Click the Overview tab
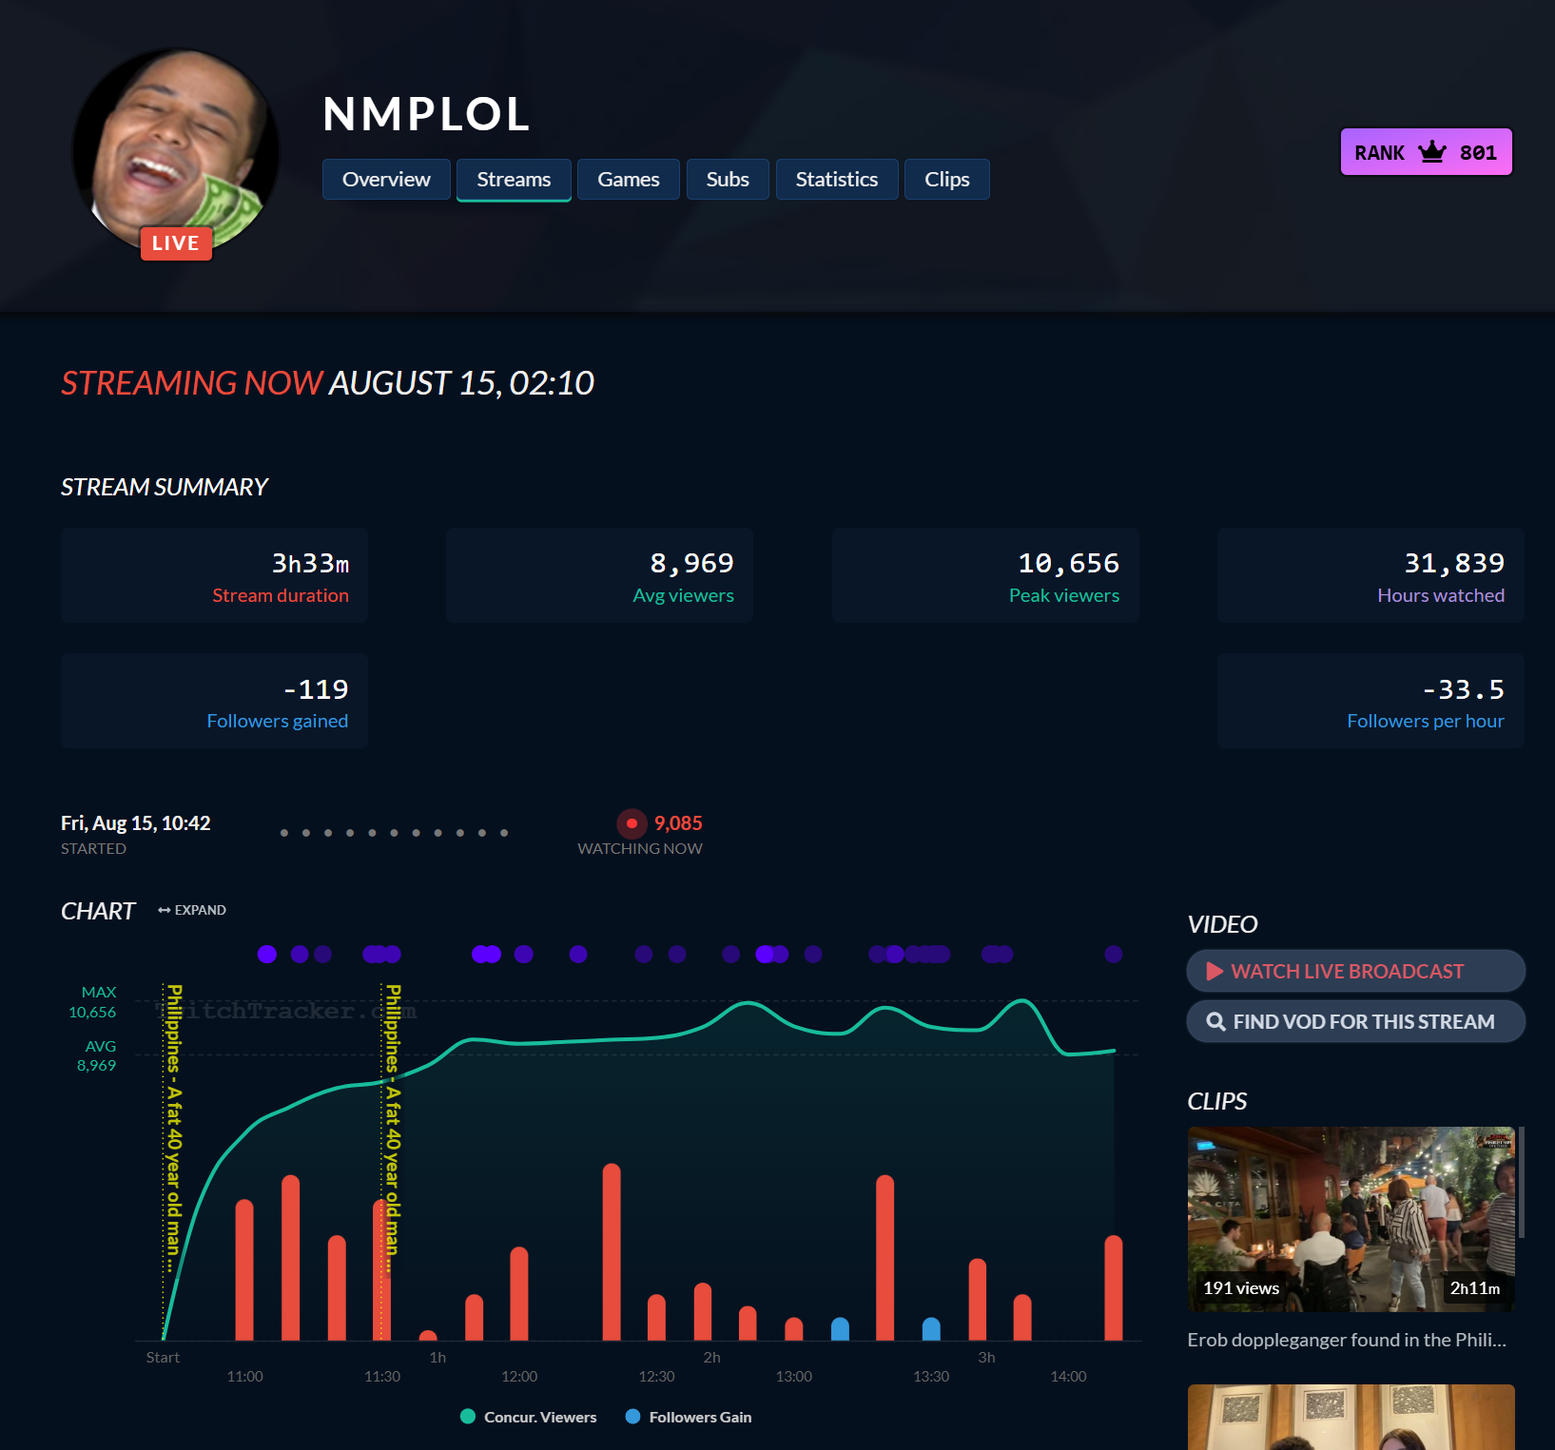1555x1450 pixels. (x=386, y=180)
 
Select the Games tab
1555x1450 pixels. (x=628, y=180)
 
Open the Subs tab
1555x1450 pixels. (x=728, y=180)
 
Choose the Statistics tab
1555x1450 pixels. (x=836, y=180)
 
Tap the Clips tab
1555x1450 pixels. (x=946, y=180)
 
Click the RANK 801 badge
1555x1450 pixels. (x=1426, y=152)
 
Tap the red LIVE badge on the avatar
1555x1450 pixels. (x=176, y=243)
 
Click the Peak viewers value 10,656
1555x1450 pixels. (x=1068, y=564)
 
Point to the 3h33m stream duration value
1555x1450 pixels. (x=310, y=564)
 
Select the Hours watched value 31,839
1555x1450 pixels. (x=1454, y=564)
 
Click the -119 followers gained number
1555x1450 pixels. (x=316, y=689)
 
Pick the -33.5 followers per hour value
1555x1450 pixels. (x=1463, y=689)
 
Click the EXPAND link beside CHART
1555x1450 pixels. (x=192, y=910)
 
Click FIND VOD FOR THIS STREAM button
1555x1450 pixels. (x=1355, y=1022)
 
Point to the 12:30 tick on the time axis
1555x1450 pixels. (x=656, y=1377)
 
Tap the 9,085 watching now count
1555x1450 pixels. (x=678, y=823)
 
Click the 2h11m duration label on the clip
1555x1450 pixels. (x=1474, y=1288)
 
